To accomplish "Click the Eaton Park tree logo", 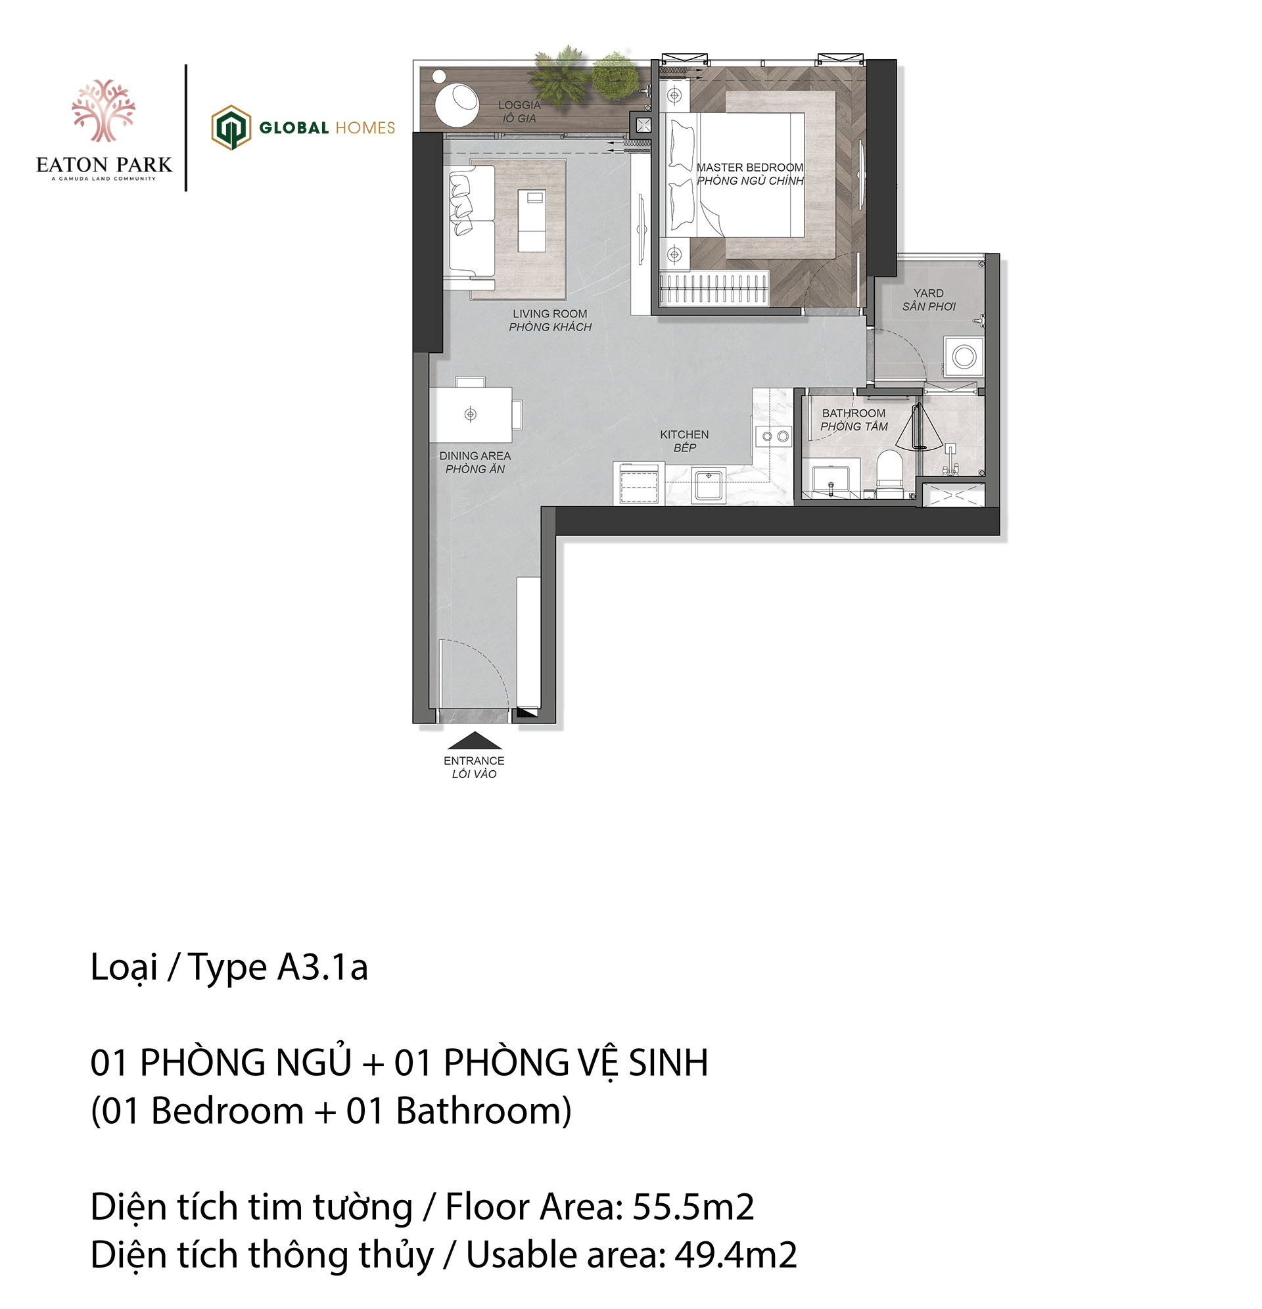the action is (104, 110).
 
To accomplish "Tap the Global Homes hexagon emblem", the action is (231, 127).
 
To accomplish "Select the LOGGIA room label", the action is (519, 105).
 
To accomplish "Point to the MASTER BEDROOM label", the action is (749, 168).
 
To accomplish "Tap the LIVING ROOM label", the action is (550, 314).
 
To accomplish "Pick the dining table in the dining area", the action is (471, 415).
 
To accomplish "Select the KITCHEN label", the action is (684, 435).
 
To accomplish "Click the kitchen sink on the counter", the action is (709, 485).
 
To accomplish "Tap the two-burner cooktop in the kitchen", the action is (774, 437).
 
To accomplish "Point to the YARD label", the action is (929, 293).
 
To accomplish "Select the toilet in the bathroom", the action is (889, 473).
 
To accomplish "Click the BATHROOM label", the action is (854, 413).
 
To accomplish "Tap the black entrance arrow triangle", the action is (474, 740).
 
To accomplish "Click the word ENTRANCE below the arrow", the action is (474, 761).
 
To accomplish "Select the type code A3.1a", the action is (323, 967).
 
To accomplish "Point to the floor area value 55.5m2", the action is (693, 1207).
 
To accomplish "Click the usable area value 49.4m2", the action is (736, 1255).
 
